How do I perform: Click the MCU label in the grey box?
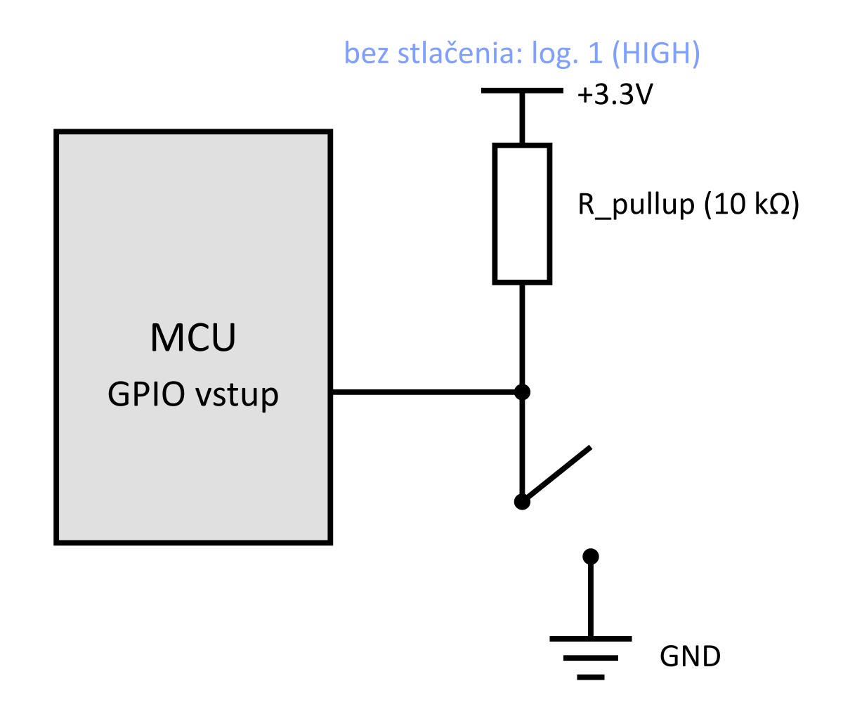click(192, 337)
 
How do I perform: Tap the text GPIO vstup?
click(192, 395)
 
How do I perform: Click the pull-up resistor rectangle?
click(522, 214)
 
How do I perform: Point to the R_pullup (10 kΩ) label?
click(688, 205)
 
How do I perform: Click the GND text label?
click(690, 656)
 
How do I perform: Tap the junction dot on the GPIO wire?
click(522, 391)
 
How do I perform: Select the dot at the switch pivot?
click(522, 501)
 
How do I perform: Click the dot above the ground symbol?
click(591, 557)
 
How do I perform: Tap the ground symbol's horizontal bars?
click(591, 658)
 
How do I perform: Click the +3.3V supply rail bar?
click(521, 91)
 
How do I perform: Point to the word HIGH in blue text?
click(652, 53)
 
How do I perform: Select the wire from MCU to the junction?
click(425, 391)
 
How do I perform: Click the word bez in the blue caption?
click(367, 53)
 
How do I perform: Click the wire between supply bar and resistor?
click(522, 118)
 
